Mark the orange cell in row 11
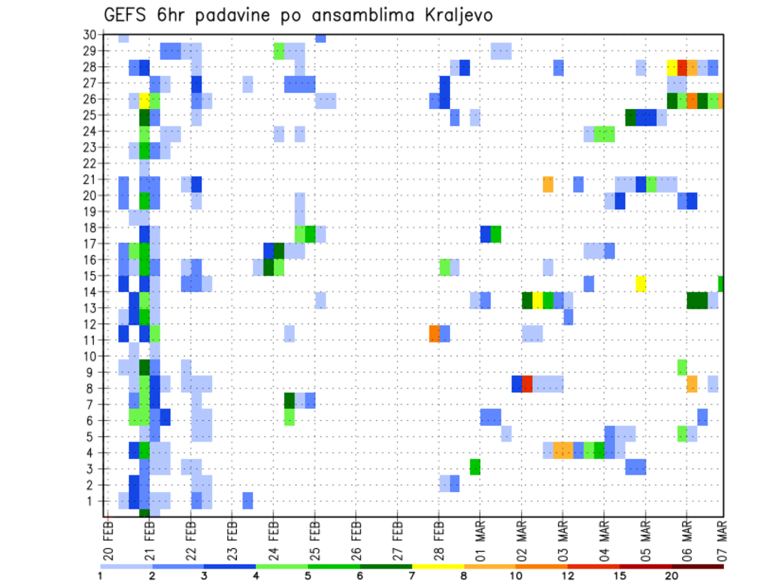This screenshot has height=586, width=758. [x=434, y=333]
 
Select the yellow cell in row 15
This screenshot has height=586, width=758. [x=640, y=283]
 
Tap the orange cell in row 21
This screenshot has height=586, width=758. [x=548, y=184]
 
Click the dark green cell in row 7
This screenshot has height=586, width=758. [x=289, y=400]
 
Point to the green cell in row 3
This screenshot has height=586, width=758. [x=475, y=467]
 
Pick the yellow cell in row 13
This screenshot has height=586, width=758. [x=538, y=300]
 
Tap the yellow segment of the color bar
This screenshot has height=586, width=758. [x=437, y=566]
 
